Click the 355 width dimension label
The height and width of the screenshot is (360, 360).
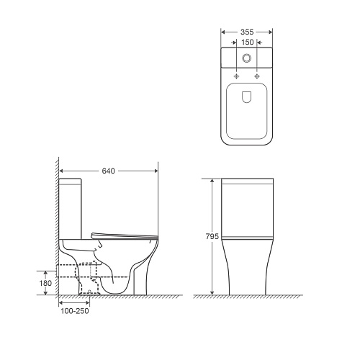click(x=247, y=32)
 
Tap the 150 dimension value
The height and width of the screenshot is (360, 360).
click(x=248, y=42)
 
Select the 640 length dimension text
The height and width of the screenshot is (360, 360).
click(x=109, y=171)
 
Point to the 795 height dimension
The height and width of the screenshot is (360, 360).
click(x=212, y=236)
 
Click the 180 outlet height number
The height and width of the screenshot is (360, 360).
click(x=45, y=283)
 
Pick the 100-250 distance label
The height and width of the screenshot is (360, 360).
click(x=75, y=311)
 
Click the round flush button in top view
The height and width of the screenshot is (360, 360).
click(x=246, y=58)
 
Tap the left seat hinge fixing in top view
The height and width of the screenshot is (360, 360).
click(x=236, y=76)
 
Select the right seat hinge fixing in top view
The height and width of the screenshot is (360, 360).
click(x=257, y=76)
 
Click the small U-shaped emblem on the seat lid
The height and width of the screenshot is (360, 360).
click(x=246, y=97)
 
